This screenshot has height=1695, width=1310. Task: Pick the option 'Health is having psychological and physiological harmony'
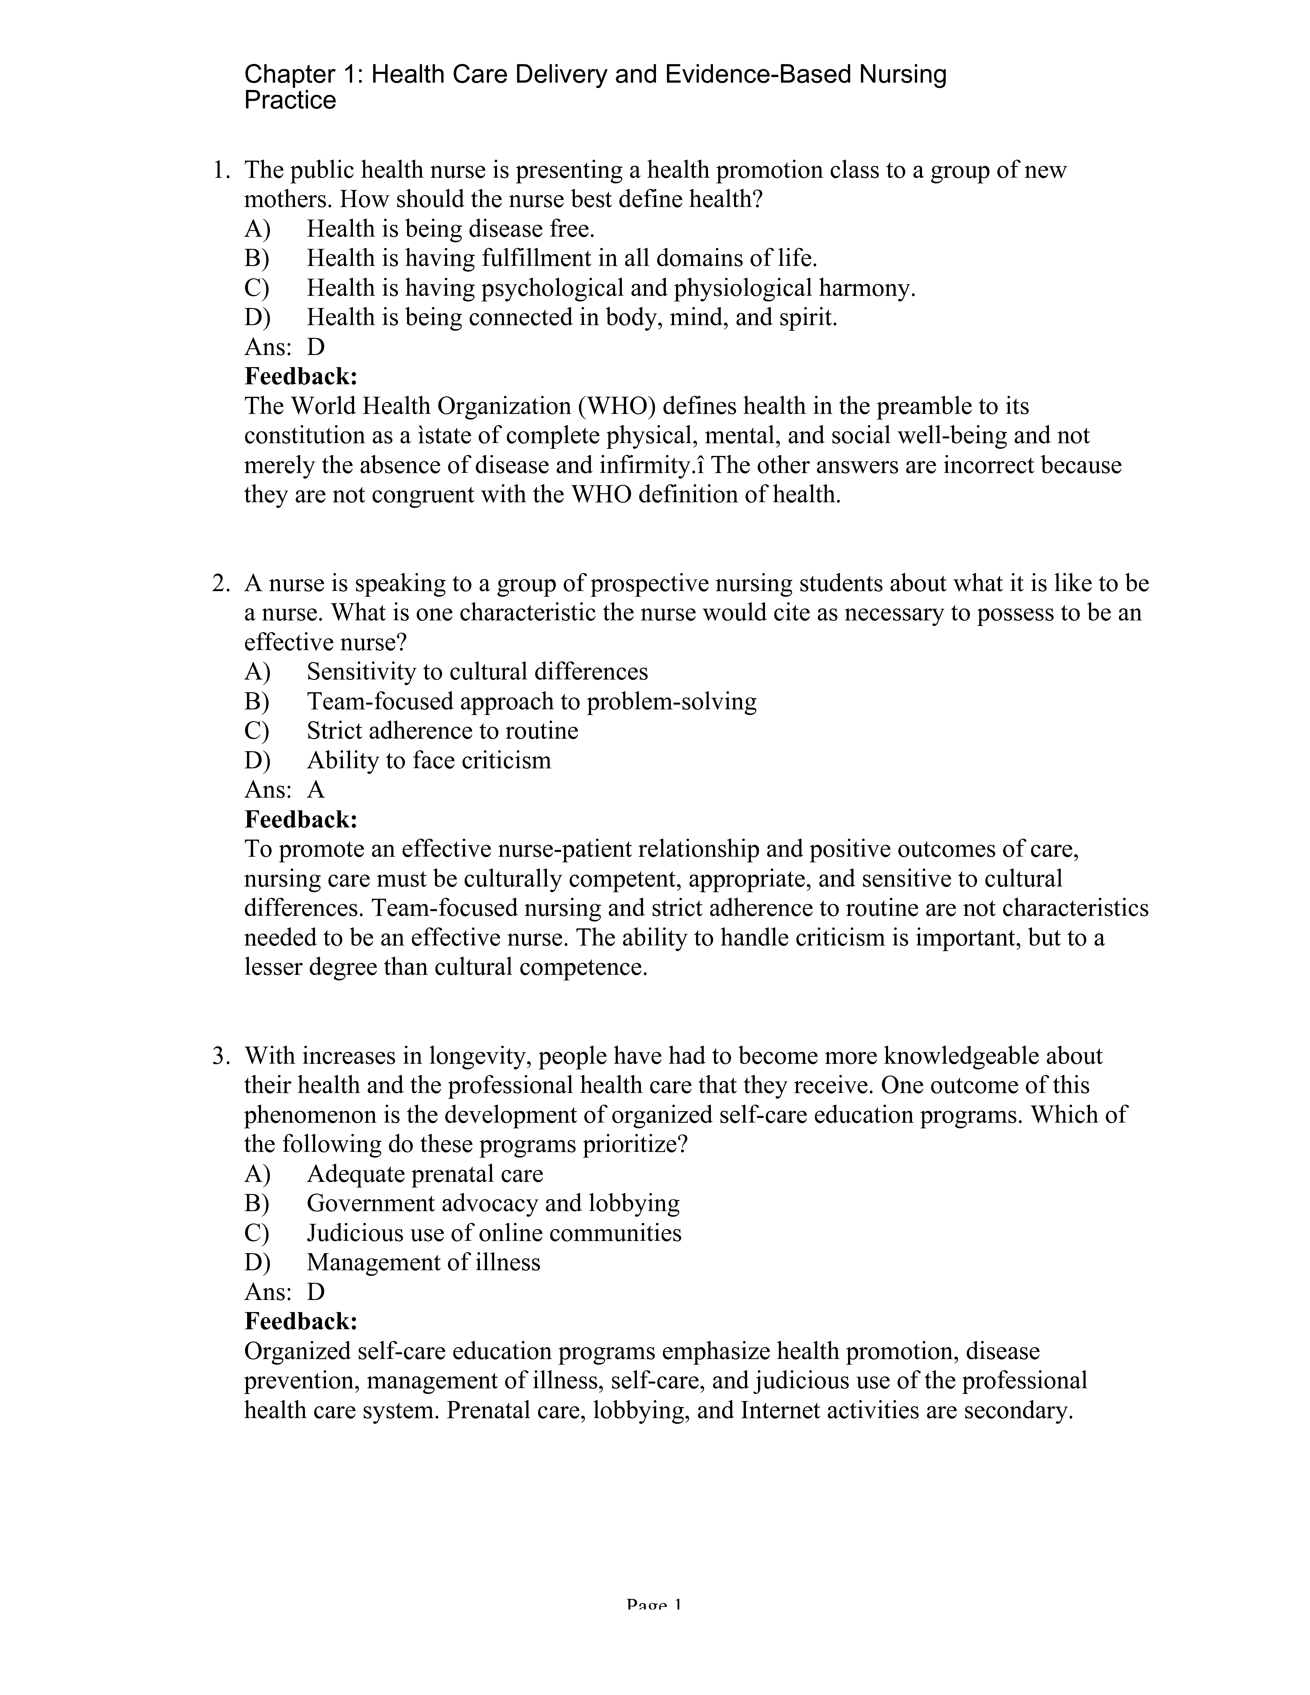[611, 288]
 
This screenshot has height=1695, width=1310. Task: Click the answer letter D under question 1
[316, 347]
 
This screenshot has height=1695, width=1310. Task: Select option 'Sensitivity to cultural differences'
[477, 671]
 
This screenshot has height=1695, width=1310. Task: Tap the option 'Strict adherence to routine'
[442, 730]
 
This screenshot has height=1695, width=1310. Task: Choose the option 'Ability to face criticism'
[428, 760]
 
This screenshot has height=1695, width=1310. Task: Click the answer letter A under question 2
[316, 789]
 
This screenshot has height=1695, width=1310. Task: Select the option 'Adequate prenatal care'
[425, 1174]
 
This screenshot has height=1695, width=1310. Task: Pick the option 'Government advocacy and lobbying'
[493, 1204]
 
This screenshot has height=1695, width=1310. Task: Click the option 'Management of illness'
[423, 1263]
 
